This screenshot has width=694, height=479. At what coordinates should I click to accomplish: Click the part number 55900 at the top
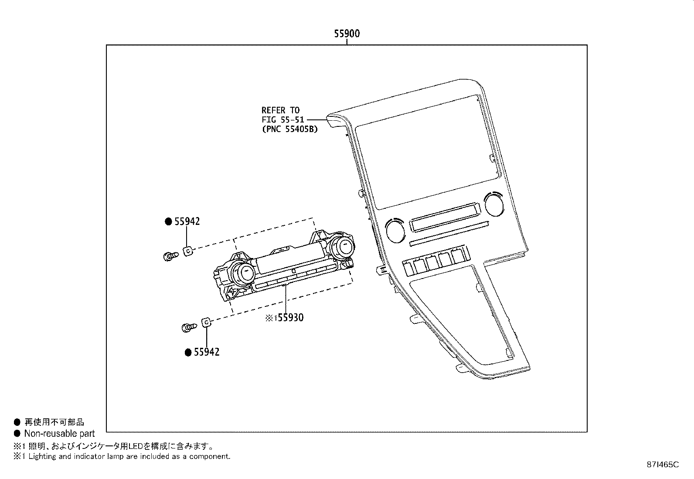tap(347, 34)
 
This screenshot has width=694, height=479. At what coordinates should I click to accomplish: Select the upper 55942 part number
tap(187, 221)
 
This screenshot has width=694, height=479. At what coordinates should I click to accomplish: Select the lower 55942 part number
tap(207, 352)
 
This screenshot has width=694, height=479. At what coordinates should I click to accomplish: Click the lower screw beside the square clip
tap(188, 327)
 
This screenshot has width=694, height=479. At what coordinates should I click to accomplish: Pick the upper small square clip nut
tap(188, 251)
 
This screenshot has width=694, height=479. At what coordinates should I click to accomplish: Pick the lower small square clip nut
tap(206, 323)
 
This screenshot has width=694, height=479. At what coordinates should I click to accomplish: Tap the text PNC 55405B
tap(289, 129)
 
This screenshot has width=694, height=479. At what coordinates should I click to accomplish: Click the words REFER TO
tap(280, 110)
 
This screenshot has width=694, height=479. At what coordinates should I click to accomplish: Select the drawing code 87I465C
tap(663, 465)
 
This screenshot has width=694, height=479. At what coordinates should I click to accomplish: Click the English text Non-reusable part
tap(59, 434)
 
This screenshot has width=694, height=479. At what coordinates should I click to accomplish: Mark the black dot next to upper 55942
tap(168, 221)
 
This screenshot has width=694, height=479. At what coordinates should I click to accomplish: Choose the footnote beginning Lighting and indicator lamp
tap(126, 456)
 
